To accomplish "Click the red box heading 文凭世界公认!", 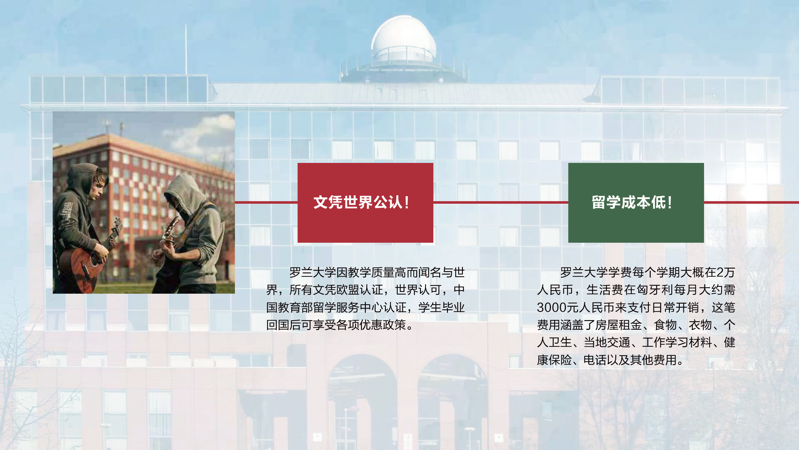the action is (x=365, y=202).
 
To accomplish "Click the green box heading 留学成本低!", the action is (x=636, y=202).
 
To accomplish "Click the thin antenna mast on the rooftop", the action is (x=186, y=49).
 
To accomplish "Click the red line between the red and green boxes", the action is (x=501, y=202).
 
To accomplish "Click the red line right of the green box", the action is (x=752, y=202).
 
